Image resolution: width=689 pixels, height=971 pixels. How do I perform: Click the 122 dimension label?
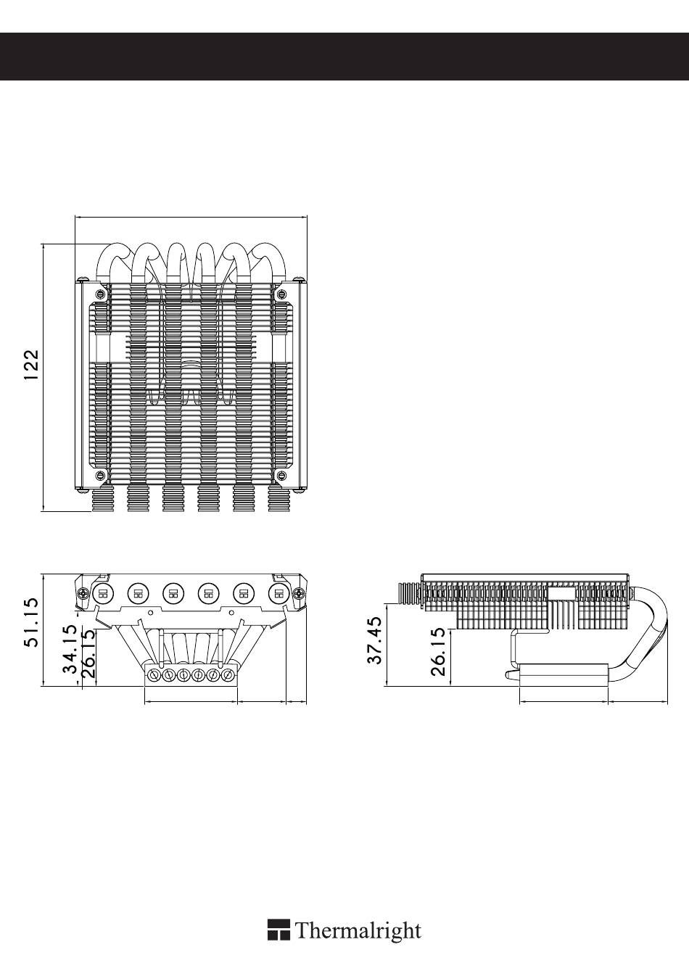pyautogui.click(x=31, y=365)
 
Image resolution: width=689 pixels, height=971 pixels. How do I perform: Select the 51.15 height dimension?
pyautogui.click(x=31, y=622)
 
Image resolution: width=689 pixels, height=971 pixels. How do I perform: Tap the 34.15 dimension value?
pyautogui.click(x=70, y=648)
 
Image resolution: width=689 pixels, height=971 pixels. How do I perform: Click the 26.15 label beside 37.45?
pyautogui.click(x=438, y=650)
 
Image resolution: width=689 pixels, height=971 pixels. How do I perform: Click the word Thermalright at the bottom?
pyautogui.click(x=358, y=930)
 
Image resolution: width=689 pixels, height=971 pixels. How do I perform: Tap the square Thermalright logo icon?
pyautogui.click(x=279, y=930)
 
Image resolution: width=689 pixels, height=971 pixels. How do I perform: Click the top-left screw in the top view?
pyautogui.click(x=102, y=294)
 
